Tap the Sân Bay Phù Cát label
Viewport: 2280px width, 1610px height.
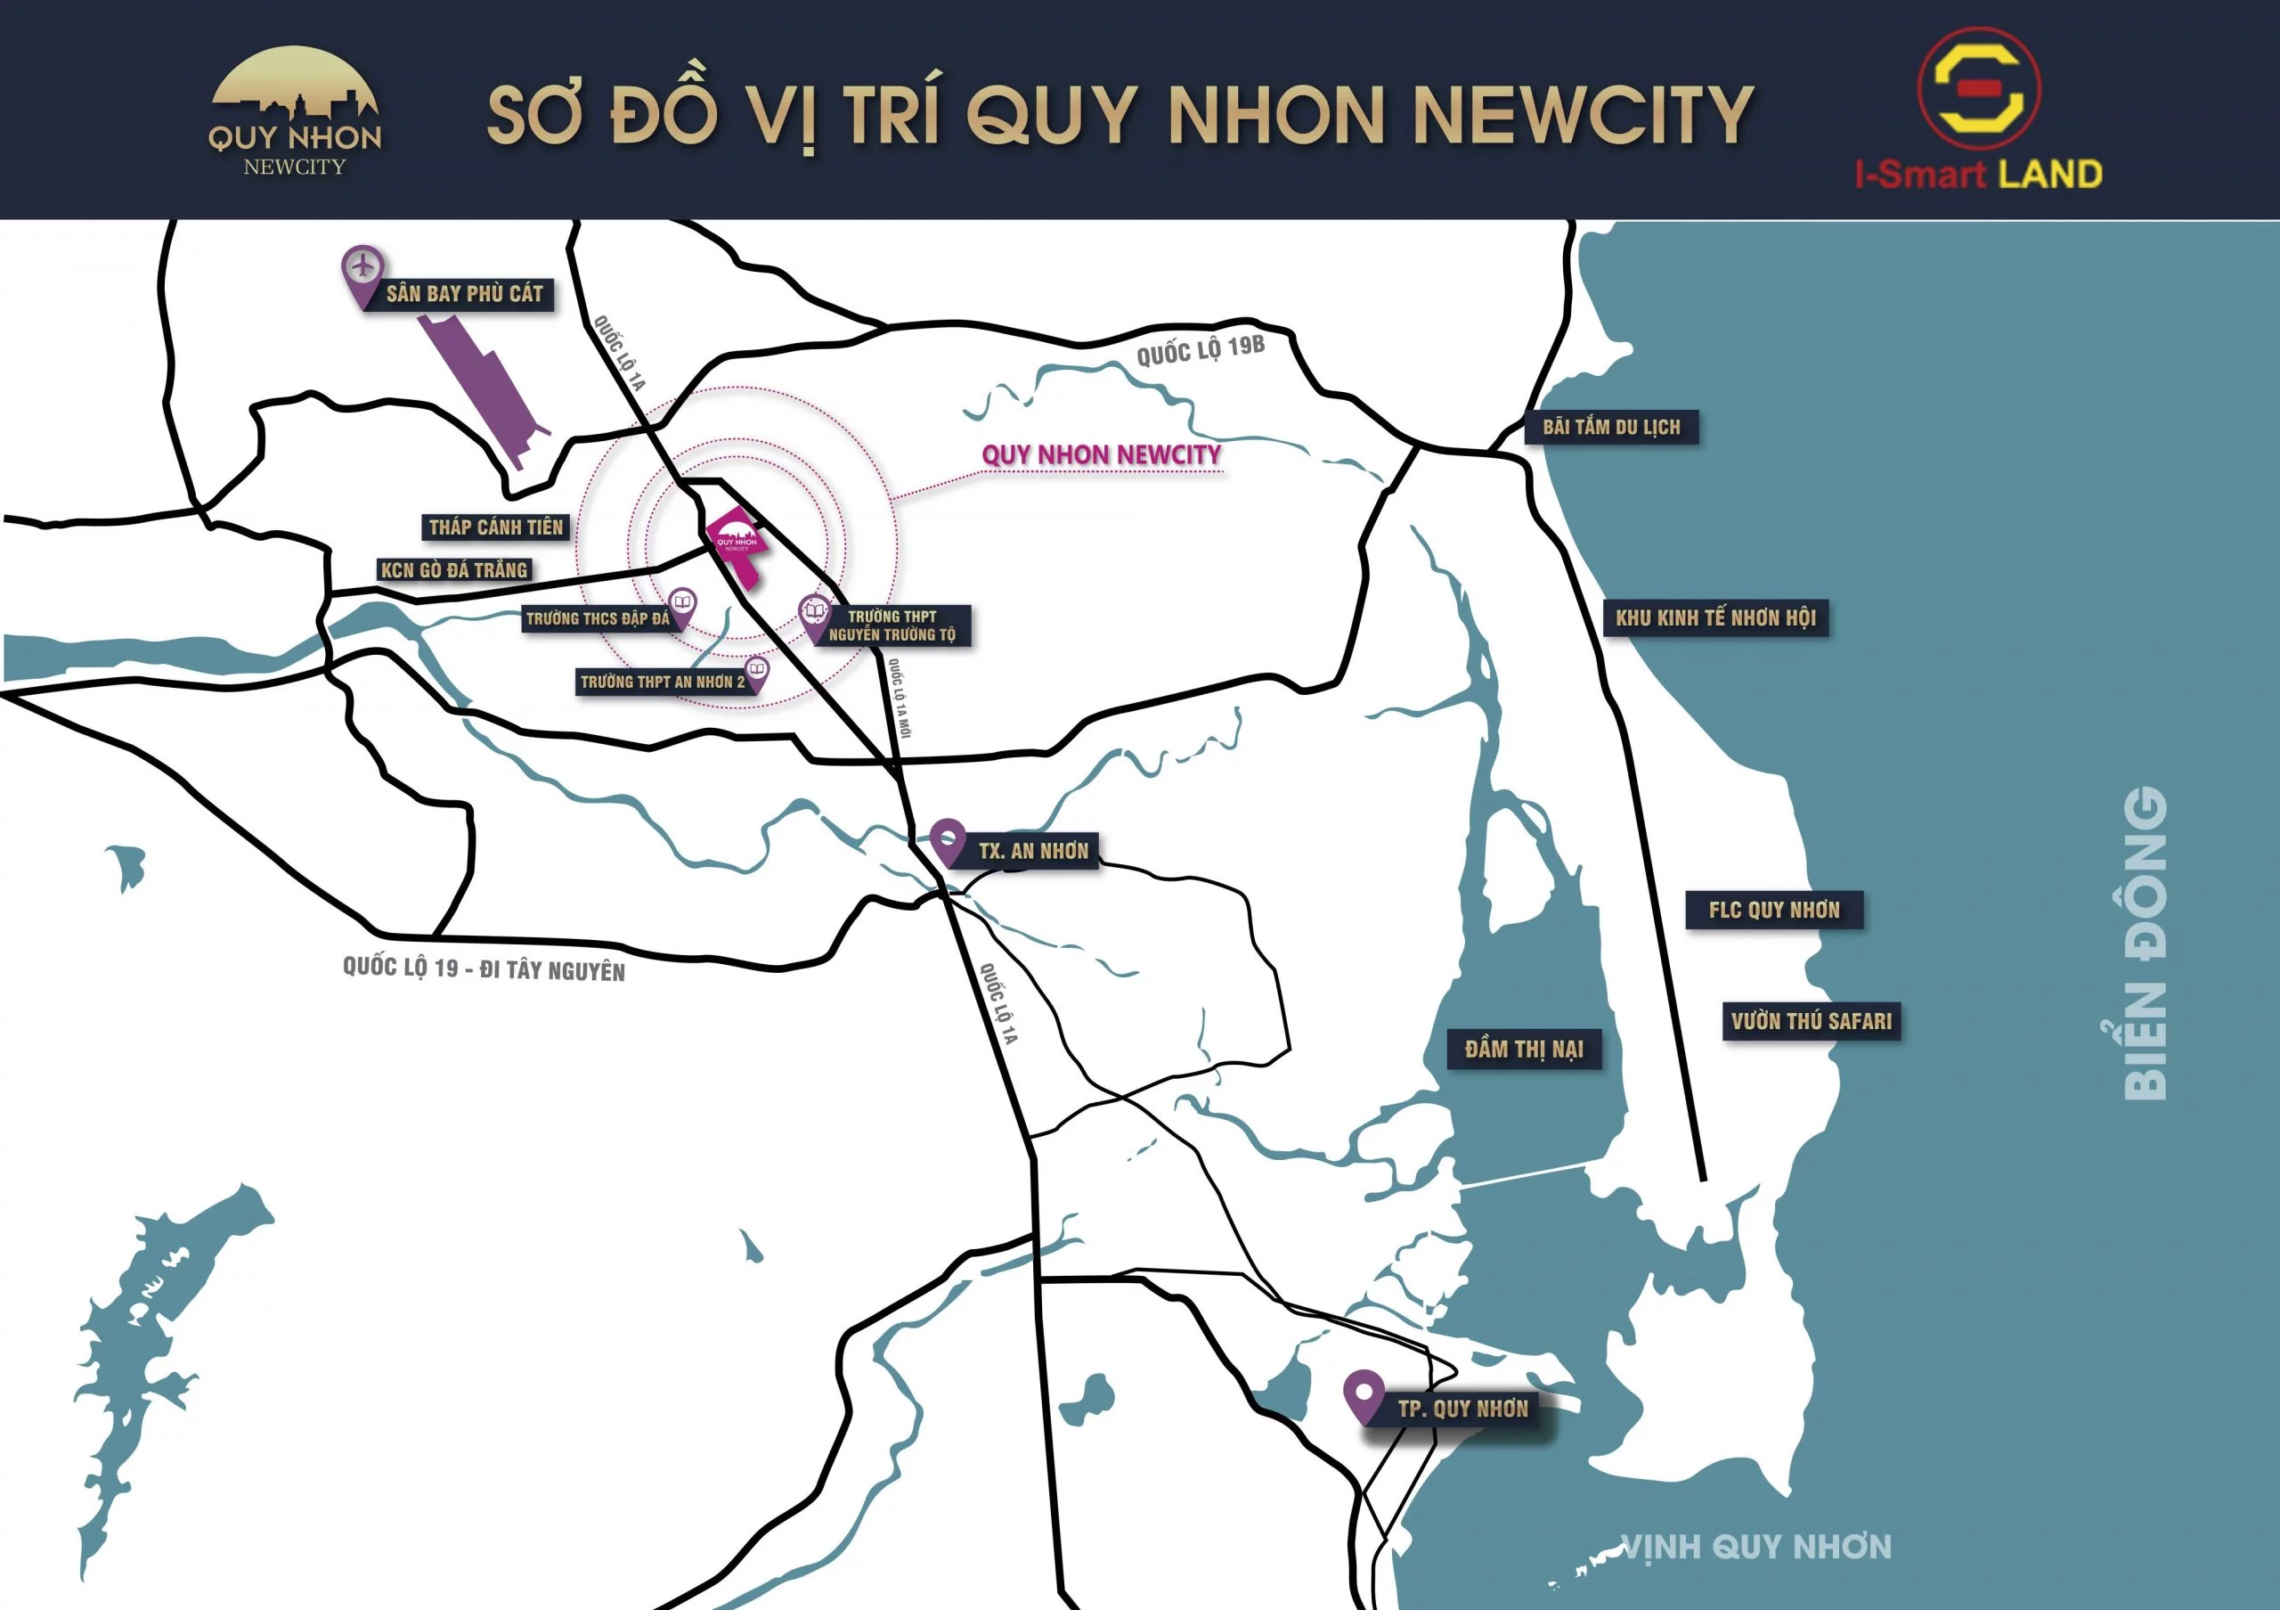click(x=464, y=294)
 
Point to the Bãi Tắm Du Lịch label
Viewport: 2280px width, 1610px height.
click(x=1611, y=427)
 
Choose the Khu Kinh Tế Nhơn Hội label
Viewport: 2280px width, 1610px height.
click(x=1715, y=617)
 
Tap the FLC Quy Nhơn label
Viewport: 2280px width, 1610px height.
click(x=1773, y=910)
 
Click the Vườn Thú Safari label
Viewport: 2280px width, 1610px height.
click(x=1812, y=1021)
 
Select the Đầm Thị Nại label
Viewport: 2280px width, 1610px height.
click(x=1523, y=1049)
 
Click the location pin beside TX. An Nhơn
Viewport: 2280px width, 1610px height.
click(x=948, y=839)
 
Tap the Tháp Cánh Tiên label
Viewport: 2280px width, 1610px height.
click(x=495, y=527)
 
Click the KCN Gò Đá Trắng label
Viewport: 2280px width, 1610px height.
click(x=454, y=570)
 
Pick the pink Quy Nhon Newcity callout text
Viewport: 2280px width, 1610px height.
click(x=1102, y=455)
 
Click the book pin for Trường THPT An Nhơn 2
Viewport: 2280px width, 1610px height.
click(x=757, y=672)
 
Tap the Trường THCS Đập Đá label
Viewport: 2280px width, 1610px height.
click(x=597, y=618)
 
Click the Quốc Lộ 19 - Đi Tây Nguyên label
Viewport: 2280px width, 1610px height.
click(x=484, y=969)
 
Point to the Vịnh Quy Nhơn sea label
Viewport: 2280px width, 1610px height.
click(x=1755, y=1547)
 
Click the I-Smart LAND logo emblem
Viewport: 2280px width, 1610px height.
click(x=1978, y=89)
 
